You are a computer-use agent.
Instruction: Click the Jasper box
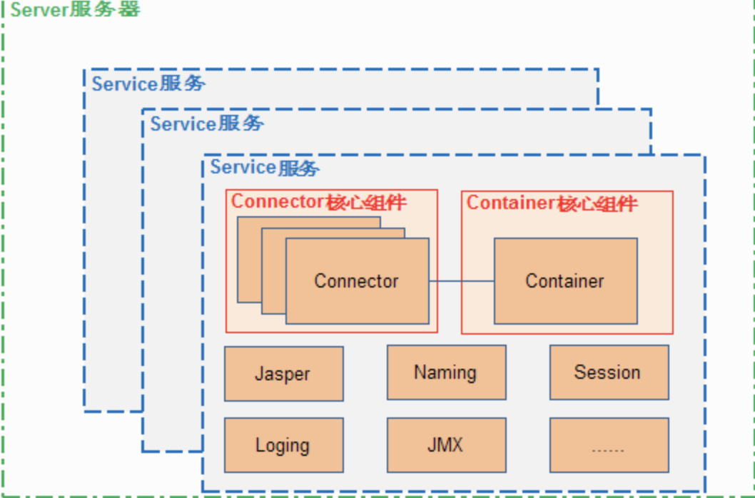(x=283, y=374)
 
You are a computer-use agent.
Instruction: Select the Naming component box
(x=446, y=372)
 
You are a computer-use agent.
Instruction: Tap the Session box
(x=609, y=372)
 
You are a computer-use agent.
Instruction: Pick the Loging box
(x=283, y=445)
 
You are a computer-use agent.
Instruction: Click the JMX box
(x=446, y=445)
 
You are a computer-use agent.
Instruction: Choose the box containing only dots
(x=609, y=445)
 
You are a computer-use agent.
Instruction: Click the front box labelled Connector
(x=357, y=281)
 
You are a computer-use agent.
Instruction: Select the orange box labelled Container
(x=565, y=281)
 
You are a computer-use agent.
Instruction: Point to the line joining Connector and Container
(x=462, y=281)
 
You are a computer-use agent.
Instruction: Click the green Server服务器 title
(x=75, y=10)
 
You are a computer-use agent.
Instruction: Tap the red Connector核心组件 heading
(x=318, y=202)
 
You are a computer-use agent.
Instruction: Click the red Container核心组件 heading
(x=552, y=203)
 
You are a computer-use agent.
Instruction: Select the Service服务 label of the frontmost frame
(x=265, y=168)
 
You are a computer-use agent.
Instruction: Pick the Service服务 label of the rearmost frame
(x=148, y=83)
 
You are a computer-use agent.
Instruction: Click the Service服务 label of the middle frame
(x=206, y=123)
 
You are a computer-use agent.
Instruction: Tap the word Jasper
(x=283, y=374)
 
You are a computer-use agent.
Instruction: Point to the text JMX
(x=445, y=445)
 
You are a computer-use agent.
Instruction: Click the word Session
(x=607, y=372)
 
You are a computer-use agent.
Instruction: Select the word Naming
(x=445, y=372)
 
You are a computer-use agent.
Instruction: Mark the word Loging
(x=283, y=446)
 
